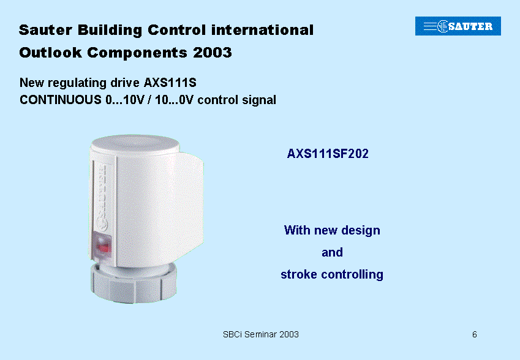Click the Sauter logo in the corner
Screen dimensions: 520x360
click(x=458, y=26)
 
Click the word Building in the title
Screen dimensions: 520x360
click(x=110, y=30)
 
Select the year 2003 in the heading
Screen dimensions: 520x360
click(x=213, y=53)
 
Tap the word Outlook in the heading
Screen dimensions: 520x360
click(x=50, y=53)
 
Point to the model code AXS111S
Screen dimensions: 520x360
click(x=170, y=83)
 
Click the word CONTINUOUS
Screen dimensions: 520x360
click(x=61, y=100)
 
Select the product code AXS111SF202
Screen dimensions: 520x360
click(x=328, y=154)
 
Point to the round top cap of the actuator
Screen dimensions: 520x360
click(x=135, y=144)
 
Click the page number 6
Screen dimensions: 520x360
click(x=475, y=334)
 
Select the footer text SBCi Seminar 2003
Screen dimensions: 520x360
click(x=261, y=334)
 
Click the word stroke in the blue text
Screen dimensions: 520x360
click(x=299, y=274)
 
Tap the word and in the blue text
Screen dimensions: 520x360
click(x=332, y=252)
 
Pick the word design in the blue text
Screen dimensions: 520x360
click(x=361, y=230)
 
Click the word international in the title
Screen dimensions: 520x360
click(x=262, y=30)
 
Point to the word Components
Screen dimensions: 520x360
click(x=137, y=53)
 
